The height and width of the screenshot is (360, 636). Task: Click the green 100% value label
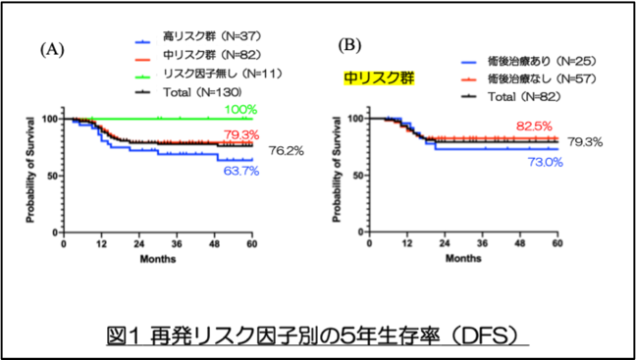point(240,110)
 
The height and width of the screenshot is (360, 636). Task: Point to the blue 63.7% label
point(240,171)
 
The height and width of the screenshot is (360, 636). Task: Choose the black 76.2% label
point(286,151)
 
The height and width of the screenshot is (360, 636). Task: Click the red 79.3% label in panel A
point(240,134)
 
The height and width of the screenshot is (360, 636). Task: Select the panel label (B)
point(349,46)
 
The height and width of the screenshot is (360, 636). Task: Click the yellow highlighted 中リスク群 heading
point(379,77)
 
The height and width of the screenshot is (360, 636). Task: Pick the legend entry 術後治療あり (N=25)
point(528,62)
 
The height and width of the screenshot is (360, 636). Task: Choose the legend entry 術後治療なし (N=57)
point(528,79)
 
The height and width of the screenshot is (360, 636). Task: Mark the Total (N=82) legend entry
point(511,97)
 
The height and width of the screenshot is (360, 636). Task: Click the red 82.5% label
point(535,127)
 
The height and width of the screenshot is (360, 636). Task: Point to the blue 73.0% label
point(545,162)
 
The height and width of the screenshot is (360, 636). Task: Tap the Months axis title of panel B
point(463,258)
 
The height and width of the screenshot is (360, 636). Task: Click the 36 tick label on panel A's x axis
point(177,245)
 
